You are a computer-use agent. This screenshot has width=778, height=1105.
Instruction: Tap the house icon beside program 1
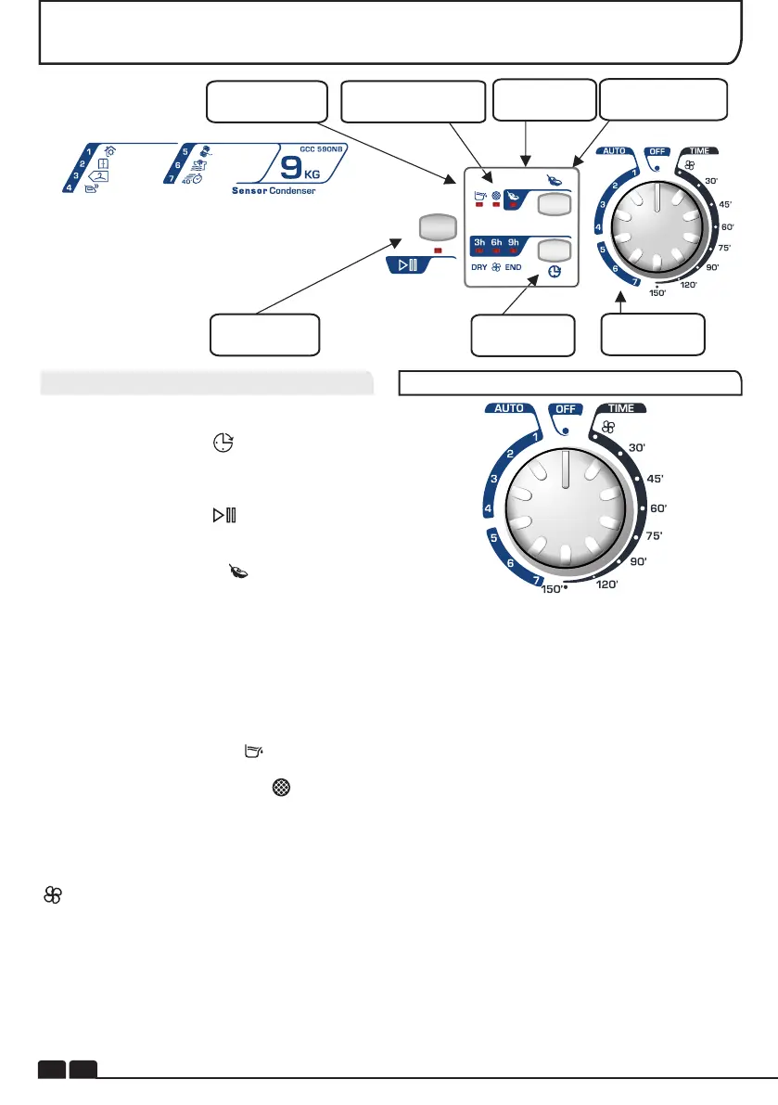click(109, 153)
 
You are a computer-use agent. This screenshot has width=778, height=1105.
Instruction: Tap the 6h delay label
click(498, 241)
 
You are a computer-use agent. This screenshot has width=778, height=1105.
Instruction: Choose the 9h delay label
click(514, 241)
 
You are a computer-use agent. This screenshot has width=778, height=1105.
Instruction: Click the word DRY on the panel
click(480, 268)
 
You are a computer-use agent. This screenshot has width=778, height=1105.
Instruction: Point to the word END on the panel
click(514, 268)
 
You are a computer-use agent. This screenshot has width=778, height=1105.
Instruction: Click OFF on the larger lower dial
click(566, 408)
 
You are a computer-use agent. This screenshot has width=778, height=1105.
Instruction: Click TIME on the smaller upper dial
click(697, 149)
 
